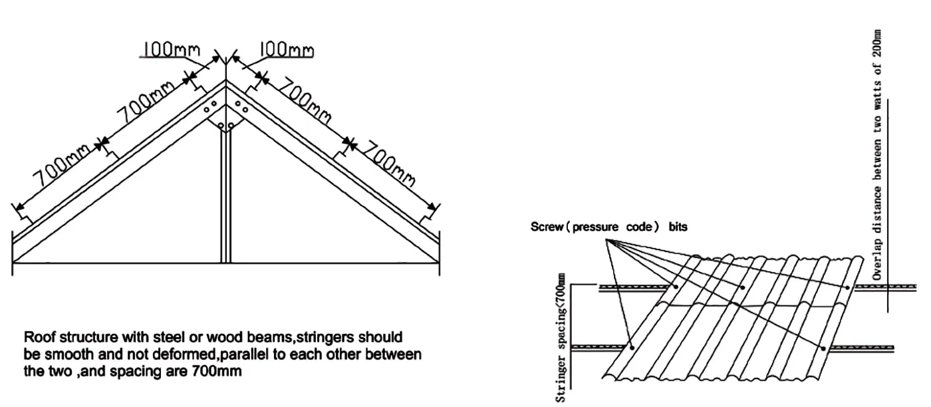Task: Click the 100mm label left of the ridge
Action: [168, 49]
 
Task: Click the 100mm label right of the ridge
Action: [286, 50]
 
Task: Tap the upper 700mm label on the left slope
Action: [145, 105]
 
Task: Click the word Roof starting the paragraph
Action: [39, 338]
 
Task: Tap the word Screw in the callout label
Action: [546, 227]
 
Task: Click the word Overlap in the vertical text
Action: [878, 260]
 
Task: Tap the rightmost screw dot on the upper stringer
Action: [847, 287]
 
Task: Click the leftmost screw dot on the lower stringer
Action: [632, 347]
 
